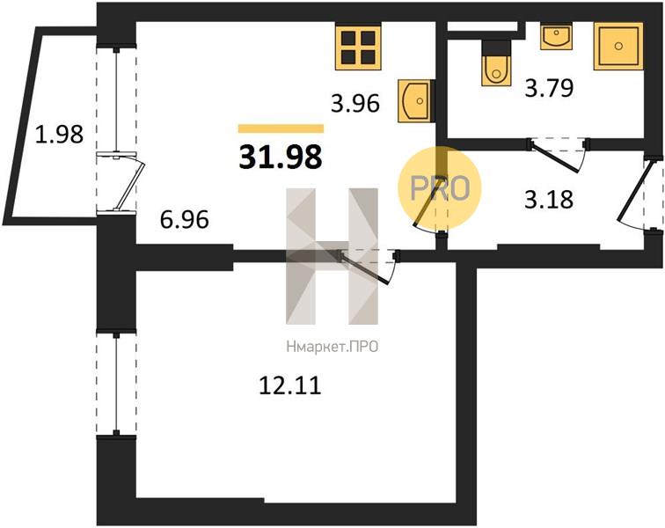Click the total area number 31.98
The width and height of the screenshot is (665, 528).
[281, 157]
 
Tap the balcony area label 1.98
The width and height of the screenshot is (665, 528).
[59, 134]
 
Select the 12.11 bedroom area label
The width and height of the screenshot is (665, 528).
[289, 385]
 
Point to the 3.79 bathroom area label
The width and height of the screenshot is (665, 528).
[549, 88]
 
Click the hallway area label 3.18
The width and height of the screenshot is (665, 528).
[549, 199]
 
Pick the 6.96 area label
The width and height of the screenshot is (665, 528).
[185, 219]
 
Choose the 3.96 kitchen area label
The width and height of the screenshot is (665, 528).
[355, 103]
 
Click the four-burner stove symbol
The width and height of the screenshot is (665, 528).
[357, 48]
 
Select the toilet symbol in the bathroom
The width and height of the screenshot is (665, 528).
[495, 63]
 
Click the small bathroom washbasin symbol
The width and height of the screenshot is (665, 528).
[557, 36]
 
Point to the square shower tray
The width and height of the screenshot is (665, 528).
[618, 46]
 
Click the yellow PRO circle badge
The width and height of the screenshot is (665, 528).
[440, 188]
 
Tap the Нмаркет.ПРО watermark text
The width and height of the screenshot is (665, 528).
[332, 348]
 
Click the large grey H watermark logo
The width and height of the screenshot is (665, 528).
[332, 256]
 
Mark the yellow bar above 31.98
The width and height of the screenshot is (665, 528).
[281, 128]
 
